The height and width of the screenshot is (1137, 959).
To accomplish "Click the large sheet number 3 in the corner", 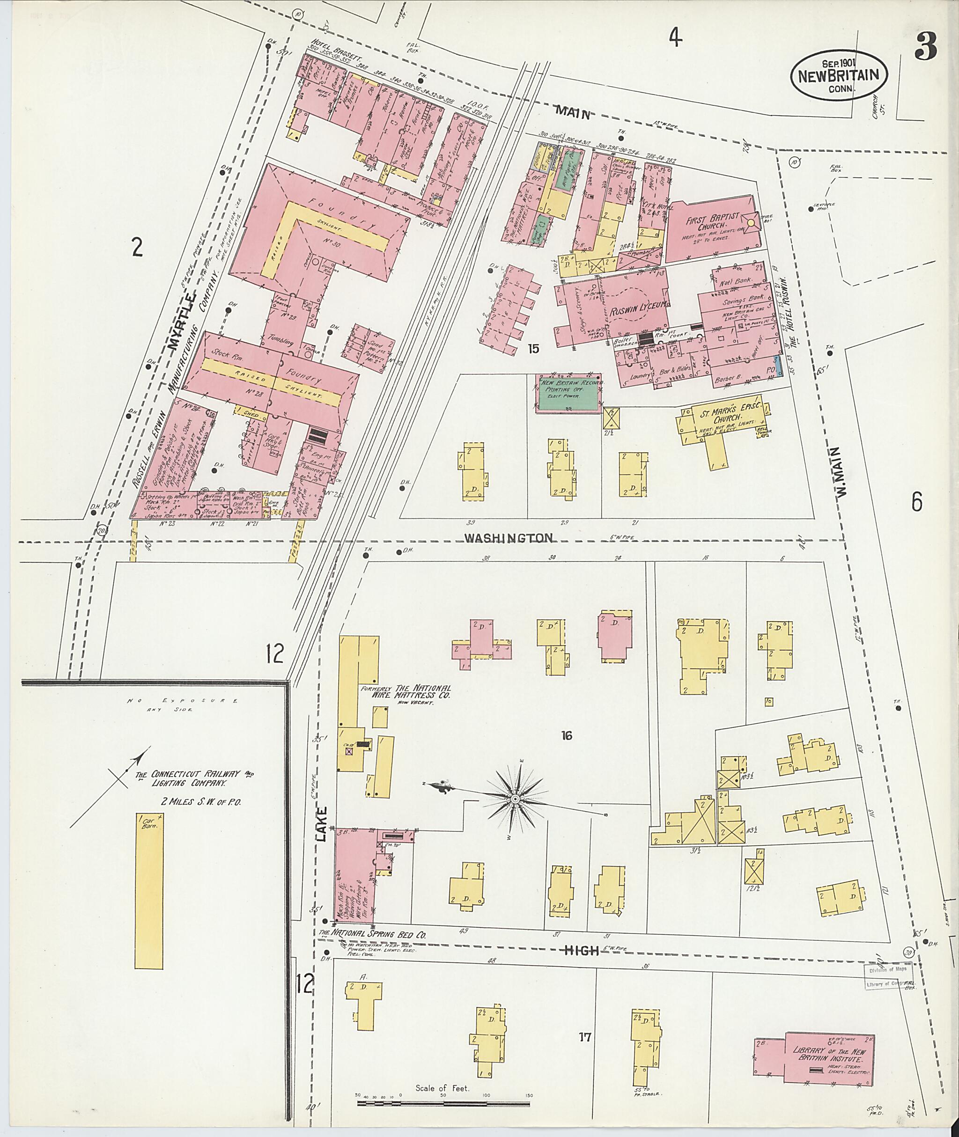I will point(925,47).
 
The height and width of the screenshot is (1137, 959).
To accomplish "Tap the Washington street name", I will point(509,537).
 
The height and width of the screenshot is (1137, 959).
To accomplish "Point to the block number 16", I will point(567,735).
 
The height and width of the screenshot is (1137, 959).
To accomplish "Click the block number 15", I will point(533,348).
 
